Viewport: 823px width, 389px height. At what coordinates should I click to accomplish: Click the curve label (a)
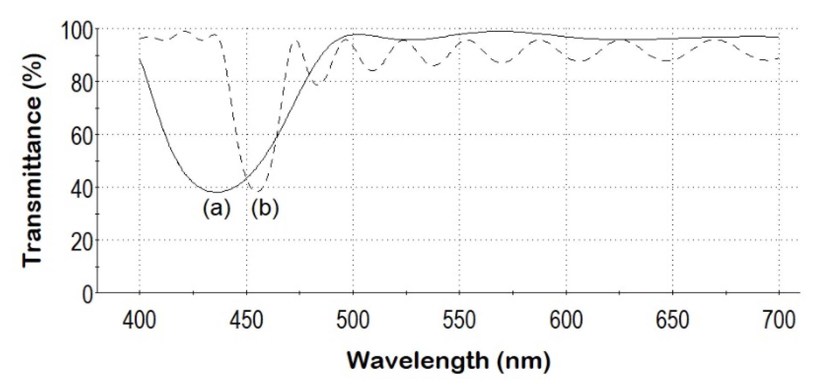click(217, 209)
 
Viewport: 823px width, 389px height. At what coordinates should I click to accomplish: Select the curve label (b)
click(265, 209)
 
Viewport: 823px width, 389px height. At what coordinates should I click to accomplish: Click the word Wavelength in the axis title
click(418, 362)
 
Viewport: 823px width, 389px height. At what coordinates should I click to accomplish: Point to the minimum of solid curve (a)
click(218, 192)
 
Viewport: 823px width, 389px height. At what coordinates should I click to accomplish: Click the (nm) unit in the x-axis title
click(524, 362)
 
